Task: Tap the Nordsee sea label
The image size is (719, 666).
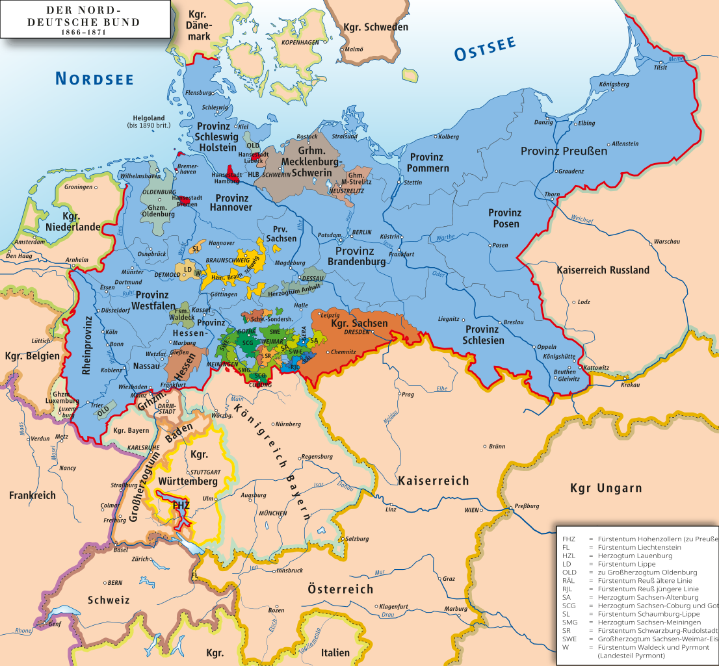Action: [x=94, y=79]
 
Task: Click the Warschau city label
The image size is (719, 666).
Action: [x=666, y=241]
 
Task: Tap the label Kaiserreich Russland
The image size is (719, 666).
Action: [x=603, y=270]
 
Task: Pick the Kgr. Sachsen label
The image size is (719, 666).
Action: [x=359, y=323]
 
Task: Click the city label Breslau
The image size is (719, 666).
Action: [x=513, y=322]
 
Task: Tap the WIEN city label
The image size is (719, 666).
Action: [x=471, y=510]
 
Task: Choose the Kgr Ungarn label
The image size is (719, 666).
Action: [x=605, y=488]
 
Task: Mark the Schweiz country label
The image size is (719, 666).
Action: [x=109, y=600]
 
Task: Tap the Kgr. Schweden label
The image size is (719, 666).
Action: [x=377, y=27]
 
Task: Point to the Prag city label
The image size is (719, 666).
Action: [x=408, y=394]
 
